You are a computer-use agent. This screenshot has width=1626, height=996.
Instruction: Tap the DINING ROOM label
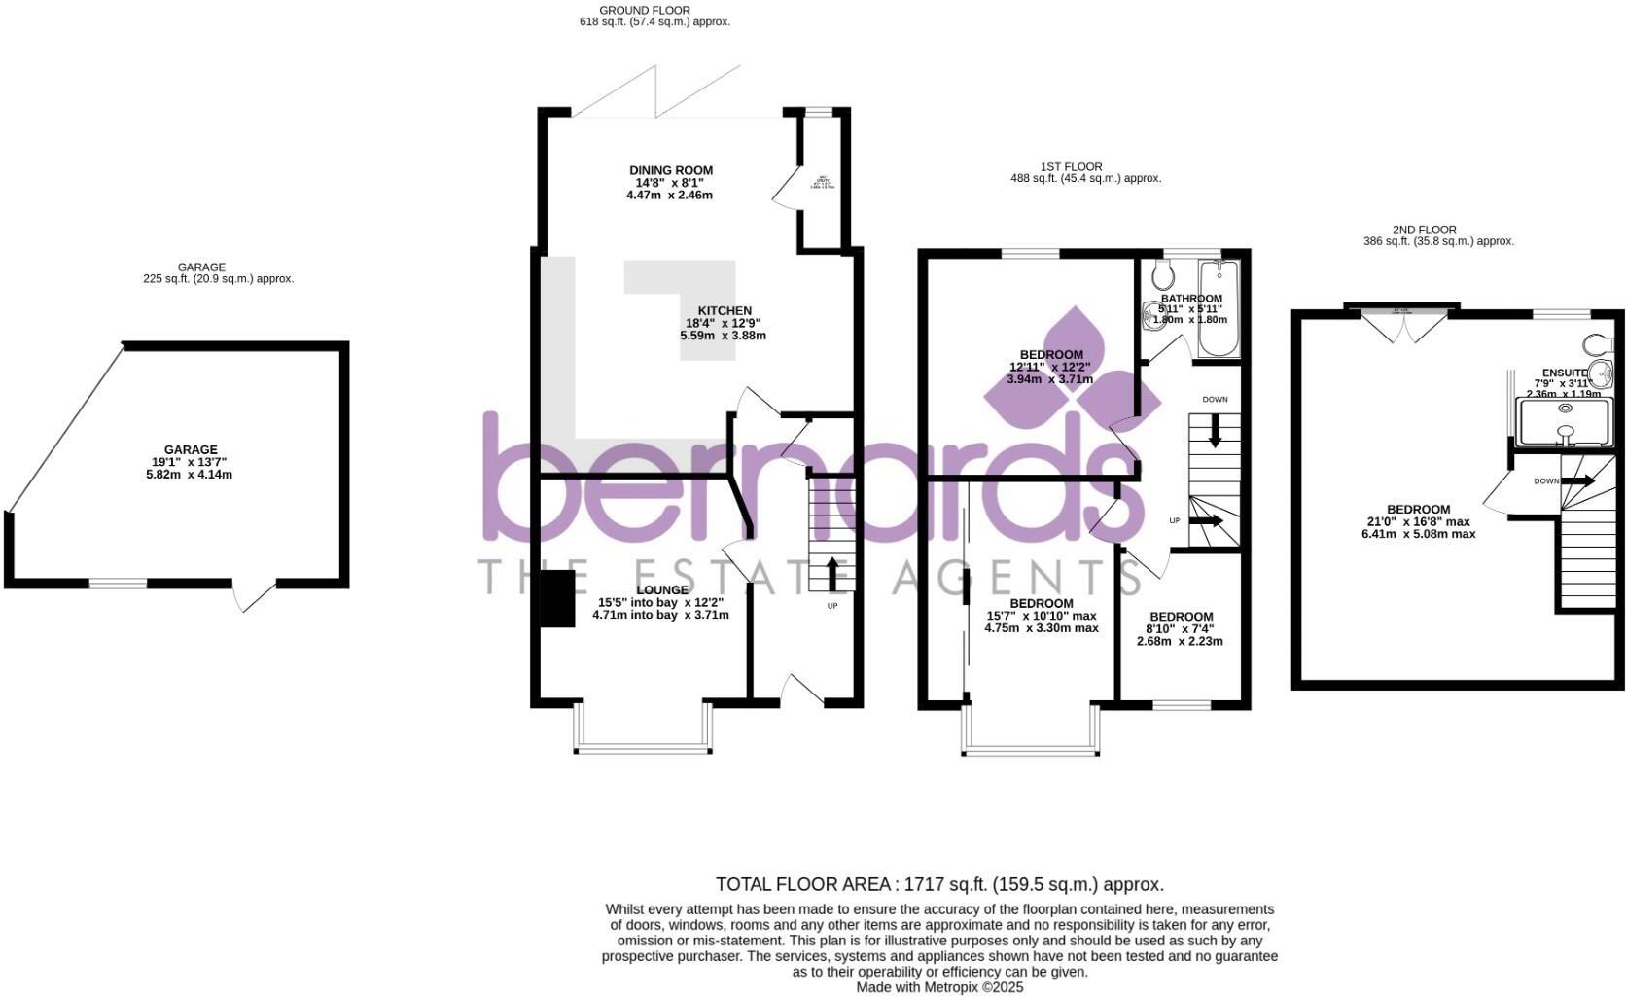pyautogui.click(x=670, y=183)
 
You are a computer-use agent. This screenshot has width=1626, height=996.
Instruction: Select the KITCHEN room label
pyautogui.click(x=724, y=323)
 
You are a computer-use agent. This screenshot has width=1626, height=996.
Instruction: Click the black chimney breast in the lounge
pyautogui.click(x=558, y=599)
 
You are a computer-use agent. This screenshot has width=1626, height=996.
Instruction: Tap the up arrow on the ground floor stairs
pyautogui.click(x=832, y=572)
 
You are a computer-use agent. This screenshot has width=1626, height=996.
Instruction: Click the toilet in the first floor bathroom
pyautogui.click(x=1161, y=275)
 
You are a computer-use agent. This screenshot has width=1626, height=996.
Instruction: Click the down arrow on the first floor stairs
pyautogui.click(x=1215, y=432)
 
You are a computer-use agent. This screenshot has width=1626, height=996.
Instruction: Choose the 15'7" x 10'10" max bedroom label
pyautogui.click(x=1041, y=616)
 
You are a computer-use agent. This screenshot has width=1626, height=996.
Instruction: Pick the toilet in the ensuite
pyautogui.click(x=1596, y=345)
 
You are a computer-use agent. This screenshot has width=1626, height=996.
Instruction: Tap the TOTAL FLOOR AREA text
pyautogui.click(x=939, y=884)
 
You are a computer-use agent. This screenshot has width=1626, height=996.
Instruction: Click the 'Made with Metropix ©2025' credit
pyautogui.click(x=939, y=986)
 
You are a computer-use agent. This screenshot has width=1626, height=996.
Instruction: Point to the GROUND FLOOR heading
pyautogui.click(x=645, y=11)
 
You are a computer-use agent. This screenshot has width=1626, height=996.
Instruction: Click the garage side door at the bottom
pyautogui.click(x=255, y=595)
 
